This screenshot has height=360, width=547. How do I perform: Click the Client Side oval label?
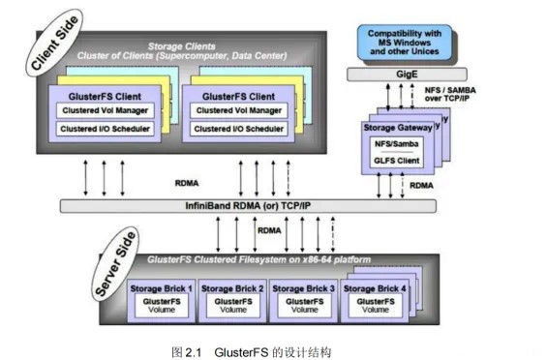click(56, 47)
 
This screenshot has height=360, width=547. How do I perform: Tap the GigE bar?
click(400, 74)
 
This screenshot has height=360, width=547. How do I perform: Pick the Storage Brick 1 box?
click(164, 299)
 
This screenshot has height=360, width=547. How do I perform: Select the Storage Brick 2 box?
click(234, 299)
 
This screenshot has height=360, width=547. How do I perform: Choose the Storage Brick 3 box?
click(305, 299)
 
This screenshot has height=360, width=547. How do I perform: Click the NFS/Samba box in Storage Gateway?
click(392, 143)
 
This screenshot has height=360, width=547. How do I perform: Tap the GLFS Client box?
click(392, 161)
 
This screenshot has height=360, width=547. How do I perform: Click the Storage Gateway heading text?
click(393, 124)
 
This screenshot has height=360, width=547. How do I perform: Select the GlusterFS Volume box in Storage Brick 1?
click(164, 306)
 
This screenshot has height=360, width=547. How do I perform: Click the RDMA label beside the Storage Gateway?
click(421, 184)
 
